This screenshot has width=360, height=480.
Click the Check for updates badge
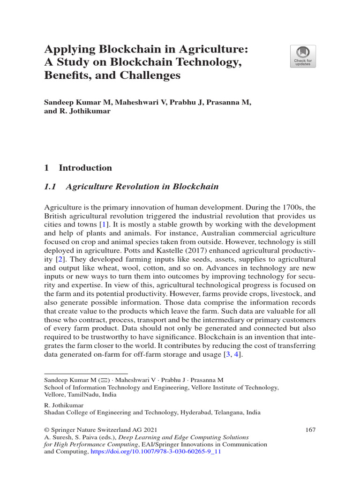(x=303, y=56)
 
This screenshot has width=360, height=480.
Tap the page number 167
(x=310, y=429)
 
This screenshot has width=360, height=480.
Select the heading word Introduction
(x=85, y=168)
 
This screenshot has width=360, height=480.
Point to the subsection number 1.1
(x=50, y=187)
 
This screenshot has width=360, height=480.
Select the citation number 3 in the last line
(x=229, y=355)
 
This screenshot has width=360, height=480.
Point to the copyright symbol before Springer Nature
(x=46, y=429)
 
